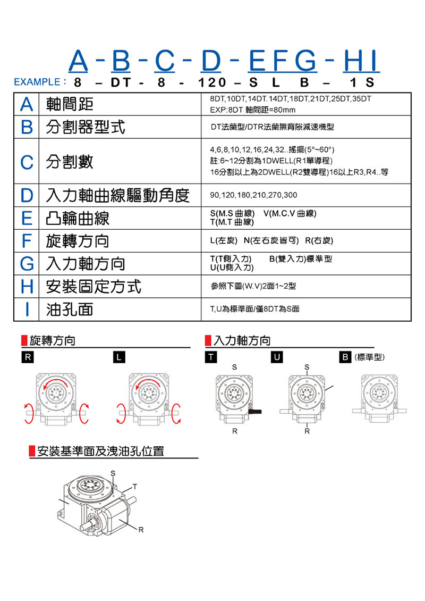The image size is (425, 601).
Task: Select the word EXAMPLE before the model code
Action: point(36,83)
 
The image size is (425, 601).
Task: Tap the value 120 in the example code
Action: point(212,83)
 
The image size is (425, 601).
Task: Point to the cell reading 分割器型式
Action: point(86,127)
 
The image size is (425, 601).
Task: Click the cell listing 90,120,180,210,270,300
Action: point(253,195)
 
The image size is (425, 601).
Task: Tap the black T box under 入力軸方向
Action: point(211,357)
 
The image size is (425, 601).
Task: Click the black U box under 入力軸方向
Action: point(277,357)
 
